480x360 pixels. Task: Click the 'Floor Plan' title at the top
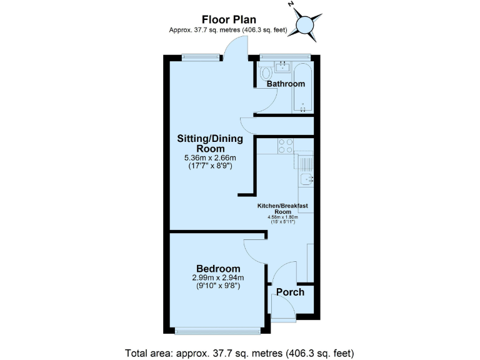pyautogui.click(x=228, y=20)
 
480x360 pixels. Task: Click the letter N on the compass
pyautogui.click(x=291, y=4)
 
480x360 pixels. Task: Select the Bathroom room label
pyautogui.click(x=286, y=84)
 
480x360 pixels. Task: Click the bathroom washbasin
pyautogui.click(x=283, y=67)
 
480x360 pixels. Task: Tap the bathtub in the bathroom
pyautogui.click(x=303, y=87)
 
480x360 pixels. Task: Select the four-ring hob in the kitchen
pyautogui.click(x=286, y=146)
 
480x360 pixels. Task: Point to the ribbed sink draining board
pyautogui.click(x=305, y=165)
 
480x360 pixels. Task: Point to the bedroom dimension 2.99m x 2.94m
pyautogui.click(x=217, y=278)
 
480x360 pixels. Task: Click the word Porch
pyautogui.click(x=291, y=292)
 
